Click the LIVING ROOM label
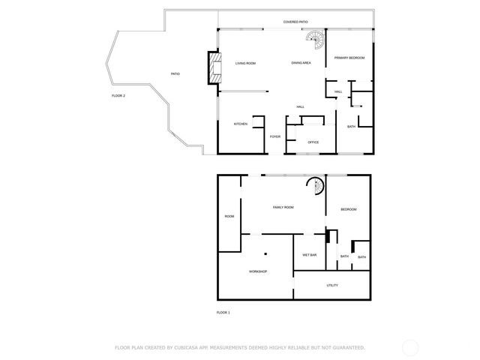(245, 63)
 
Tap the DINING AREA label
(301, 63)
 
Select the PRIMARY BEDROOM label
(349, 58)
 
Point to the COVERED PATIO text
(295, 22)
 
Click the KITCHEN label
(241, 124)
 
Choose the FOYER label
(275, 136)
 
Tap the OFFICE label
(313, 142)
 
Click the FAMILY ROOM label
(283, 207)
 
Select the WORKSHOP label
(258, 271)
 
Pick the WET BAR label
(310, 255)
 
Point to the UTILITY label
(332, 285)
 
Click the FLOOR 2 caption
(118, 96)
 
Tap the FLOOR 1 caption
(223, 311)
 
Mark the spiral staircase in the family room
(317, 185)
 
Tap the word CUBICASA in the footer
(186, 347)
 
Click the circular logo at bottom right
(410, 347)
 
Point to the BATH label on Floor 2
(351, 126)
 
